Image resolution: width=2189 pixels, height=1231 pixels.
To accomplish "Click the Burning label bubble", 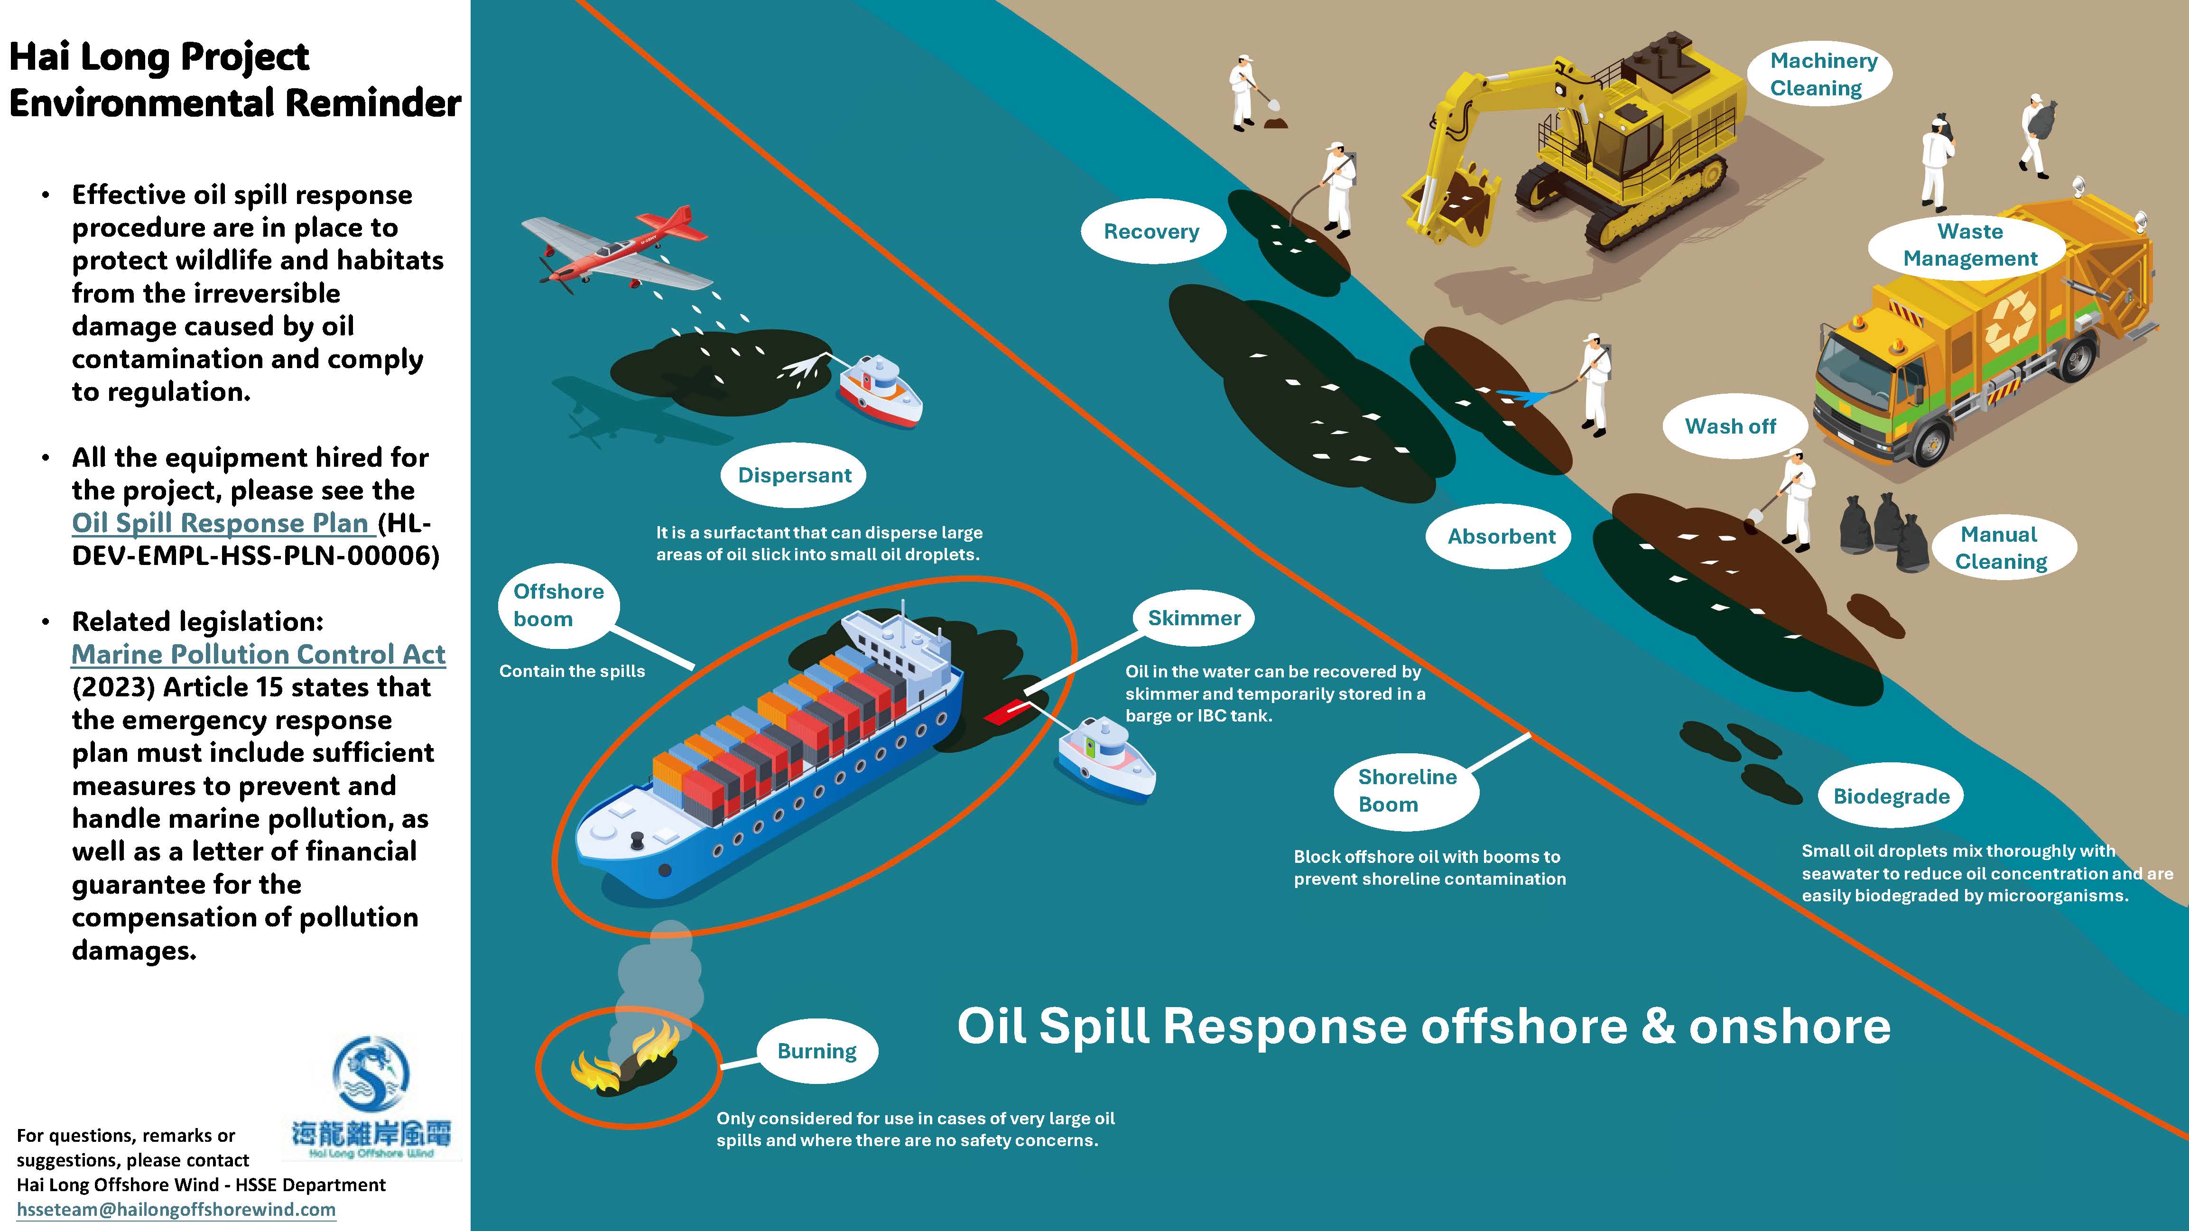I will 816,1051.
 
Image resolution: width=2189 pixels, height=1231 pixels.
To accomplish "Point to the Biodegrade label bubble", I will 1891,796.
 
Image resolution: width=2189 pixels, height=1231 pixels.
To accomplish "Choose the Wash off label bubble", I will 1730,426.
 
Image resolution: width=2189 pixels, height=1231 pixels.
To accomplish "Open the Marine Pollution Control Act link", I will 259,654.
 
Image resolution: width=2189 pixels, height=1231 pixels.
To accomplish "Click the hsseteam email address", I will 176,1209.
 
